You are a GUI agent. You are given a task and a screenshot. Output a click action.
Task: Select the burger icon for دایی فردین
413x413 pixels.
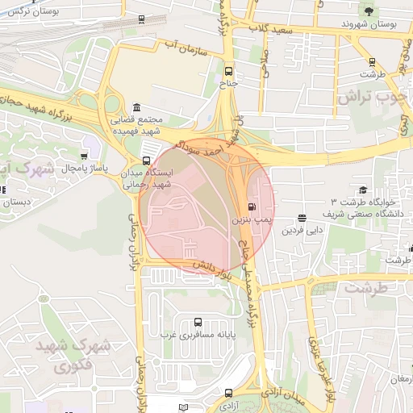pyautogui.click(x=302, y=218)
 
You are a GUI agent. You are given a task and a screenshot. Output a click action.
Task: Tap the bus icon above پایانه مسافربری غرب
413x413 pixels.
pyautogui.click(x=198, y=320)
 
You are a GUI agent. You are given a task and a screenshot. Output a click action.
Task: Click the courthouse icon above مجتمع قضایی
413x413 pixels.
pyautogui.click(x=136, y=108)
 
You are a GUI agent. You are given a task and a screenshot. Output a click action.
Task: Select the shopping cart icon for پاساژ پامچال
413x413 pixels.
pyautogui.click(x=85, y=156)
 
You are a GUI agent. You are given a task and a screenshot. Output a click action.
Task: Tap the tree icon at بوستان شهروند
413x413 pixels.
pyautogui.click(x=369, y=11)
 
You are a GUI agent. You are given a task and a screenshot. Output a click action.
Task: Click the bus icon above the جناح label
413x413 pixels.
pyautogui.click(x=229, y=70)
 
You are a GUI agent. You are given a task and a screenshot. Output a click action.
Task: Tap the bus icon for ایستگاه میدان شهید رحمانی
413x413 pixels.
pyautogui.click(x=146, y=161)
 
